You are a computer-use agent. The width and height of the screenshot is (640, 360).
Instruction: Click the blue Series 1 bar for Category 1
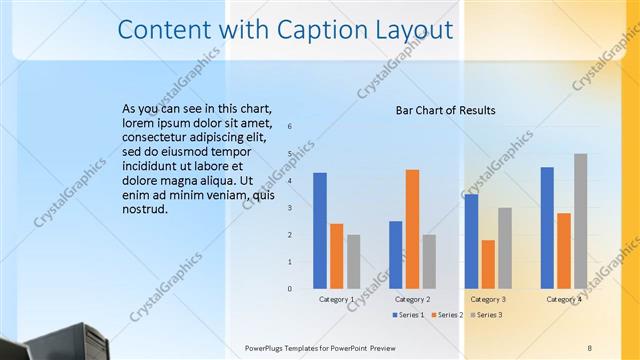320,231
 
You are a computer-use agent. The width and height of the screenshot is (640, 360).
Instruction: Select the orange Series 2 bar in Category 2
412,229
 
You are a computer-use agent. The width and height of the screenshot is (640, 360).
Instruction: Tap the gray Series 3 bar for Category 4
581,221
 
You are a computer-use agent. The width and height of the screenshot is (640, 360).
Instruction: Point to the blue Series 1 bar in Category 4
547,228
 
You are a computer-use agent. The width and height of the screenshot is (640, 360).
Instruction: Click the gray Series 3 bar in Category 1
354,262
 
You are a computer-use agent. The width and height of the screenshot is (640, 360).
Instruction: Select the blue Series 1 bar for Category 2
396,255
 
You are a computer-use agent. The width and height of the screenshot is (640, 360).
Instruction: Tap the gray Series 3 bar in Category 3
505,248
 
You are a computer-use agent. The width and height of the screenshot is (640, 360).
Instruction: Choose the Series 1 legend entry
407,315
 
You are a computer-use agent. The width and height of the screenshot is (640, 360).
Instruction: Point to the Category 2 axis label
412,299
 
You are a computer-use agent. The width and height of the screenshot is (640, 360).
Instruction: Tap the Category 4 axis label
564,299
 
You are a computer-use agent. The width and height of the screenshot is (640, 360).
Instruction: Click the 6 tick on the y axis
289,127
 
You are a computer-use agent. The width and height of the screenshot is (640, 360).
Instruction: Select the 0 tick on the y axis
289,289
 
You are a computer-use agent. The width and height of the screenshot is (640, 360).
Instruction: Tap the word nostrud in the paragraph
147,211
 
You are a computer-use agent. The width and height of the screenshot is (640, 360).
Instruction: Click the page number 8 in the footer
590,347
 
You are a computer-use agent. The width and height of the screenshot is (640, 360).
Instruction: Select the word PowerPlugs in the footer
269,347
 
